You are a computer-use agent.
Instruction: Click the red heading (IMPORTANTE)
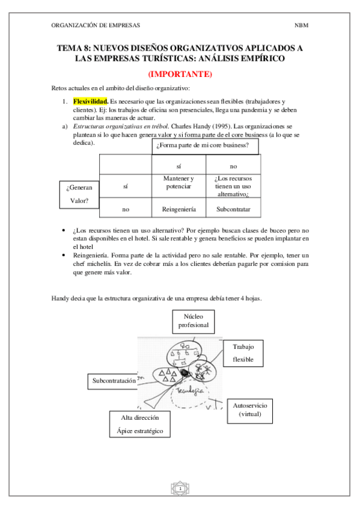point(180,75)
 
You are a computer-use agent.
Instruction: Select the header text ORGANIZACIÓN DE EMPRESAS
point(96,26)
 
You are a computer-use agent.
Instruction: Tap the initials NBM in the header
point(301,26)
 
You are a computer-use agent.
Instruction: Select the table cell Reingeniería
point(178,210)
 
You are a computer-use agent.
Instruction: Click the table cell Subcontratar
point(233,210)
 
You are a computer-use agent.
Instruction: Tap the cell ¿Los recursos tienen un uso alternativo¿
point(233,187)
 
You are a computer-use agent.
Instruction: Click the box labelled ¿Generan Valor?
point(79,195)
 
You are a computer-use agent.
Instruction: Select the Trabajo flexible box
point(243,353)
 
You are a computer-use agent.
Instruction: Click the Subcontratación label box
point(118,381)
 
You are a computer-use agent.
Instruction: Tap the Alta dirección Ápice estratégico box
point(139,425)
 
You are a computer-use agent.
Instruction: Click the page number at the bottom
point(180,489)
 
